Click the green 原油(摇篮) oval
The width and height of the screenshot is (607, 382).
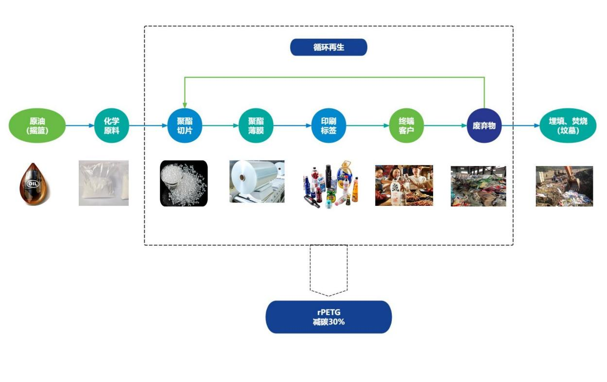tap(37, 126)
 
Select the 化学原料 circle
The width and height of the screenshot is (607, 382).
tap(111, 126)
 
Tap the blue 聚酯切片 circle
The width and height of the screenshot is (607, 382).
tap(185, 126)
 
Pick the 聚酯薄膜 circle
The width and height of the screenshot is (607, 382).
tap(256, 126)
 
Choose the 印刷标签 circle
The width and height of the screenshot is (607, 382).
tap(329, 126)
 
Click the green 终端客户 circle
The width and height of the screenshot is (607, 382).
tap(407, 126)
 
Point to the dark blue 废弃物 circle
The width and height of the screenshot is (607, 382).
tap(484, 126)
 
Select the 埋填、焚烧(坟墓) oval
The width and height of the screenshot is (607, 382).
tap(568, 126)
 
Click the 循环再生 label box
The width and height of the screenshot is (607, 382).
tap(329, 47)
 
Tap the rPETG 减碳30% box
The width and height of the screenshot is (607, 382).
tap(329, 317)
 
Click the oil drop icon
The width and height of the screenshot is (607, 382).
tap(35, 184)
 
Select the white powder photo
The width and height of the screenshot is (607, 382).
tap(104, 183)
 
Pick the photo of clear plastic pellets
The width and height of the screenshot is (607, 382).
tap(184, 183)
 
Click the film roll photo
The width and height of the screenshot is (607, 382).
tap(257, 182)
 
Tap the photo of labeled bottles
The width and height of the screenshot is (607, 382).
tap(330, 184)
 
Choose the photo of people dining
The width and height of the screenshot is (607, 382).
tap(404, 185)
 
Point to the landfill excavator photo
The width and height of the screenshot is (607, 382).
tap(564, 186)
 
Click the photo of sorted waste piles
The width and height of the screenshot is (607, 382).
tap(478, 186)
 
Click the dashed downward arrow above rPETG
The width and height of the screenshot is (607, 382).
tap(329, 270)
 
